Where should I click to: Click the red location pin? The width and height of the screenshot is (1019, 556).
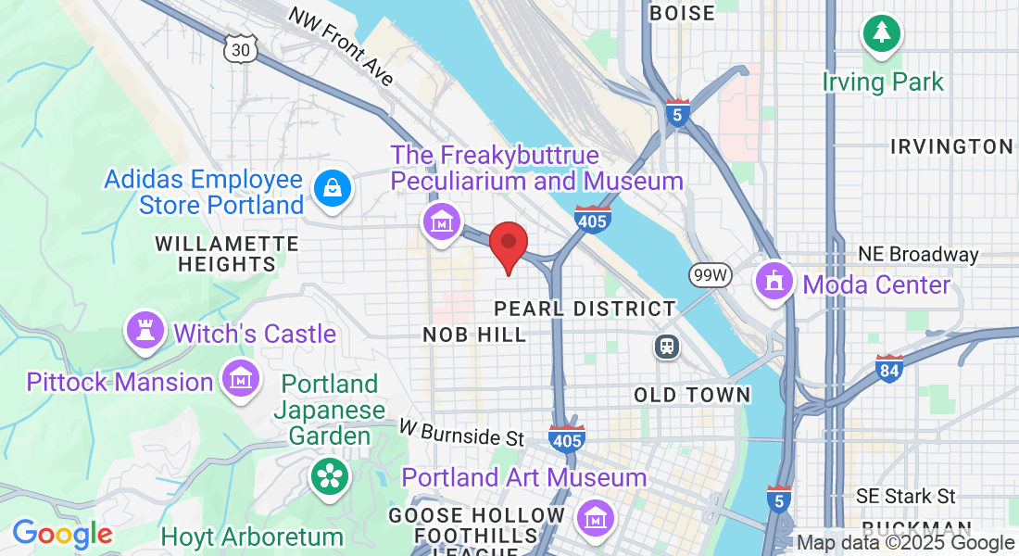click(508, 245)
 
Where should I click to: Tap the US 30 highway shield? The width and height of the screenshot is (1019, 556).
click(240, 49)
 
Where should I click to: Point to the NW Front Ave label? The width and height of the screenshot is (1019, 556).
click(341, 46)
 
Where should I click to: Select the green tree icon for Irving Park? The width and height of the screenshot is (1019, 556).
click(882, 33)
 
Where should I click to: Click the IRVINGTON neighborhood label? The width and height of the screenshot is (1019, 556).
click(951, 146)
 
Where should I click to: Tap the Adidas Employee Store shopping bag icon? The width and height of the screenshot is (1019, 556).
click(329, 189)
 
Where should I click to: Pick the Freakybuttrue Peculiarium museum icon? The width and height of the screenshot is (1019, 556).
click(441, 222)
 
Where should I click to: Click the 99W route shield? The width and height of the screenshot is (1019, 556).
click(711, 274)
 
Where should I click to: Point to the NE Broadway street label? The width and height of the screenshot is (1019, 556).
click(917, 254)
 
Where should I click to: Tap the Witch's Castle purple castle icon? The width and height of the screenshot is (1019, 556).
click(145, 330)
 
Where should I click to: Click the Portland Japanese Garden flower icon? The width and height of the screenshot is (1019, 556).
click(328, 476)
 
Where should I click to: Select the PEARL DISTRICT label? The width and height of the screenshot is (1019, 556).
click(585, 308)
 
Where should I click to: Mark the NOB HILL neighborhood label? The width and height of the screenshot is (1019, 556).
click(474, 335)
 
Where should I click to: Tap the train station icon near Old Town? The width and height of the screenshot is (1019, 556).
click(666, 347)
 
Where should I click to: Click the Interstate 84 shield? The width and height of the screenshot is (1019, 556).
click(889, 370)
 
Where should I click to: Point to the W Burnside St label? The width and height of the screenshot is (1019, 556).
click(462, 432)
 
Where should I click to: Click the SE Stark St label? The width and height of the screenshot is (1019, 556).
click(906, 498)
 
